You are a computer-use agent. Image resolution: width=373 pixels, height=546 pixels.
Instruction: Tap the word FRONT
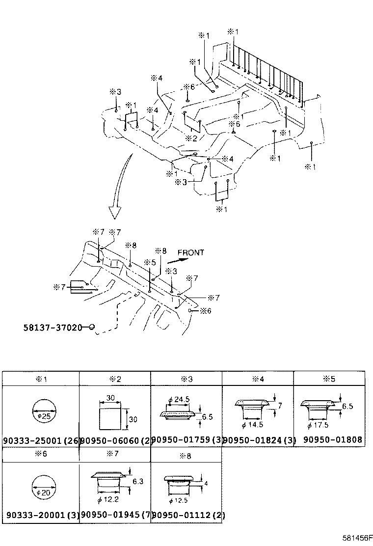pos(191,253)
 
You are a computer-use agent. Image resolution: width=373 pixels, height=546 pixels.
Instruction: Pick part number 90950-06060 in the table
pos(110,440)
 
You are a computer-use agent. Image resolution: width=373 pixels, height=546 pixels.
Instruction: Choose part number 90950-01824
pos(253,440)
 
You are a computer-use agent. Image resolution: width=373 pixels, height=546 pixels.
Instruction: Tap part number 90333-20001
pos(37,515)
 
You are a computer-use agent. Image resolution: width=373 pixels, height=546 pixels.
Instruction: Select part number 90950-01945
pos(110,515)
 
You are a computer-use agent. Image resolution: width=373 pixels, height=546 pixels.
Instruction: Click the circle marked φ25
pos(43,409)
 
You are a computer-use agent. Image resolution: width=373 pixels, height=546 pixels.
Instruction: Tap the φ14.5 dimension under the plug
pos(253,423)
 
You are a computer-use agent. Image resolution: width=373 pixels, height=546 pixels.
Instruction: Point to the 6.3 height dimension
pos(137,482)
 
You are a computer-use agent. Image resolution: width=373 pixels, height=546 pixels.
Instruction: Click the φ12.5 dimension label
pos(178,501)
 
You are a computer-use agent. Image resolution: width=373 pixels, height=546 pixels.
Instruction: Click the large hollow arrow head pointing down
pos(115,212)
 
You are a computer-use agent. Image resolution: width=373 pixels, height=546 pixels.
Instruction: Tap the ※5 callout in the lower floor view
pos(150,262)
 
